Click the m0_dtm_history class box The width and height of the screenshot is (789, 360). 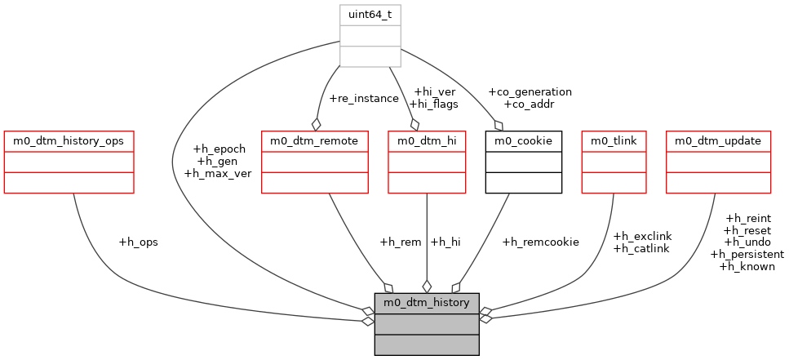click(x=426, y=323)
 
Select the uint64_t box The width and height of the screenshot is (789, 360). click(x=370, y=36)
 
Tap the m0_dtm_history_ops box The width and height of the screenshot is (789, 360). click(x=69, y=162)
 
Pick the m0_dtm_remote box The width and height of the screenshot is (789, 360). click(x=314, y=162)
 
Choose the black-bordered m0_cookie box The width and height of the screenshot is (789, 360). click(x=523, y=162)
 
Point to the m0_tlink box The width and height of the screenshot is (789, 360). click(x=614, y=162)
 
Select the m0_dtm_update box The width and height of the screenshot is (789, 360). click(x=718, y=162)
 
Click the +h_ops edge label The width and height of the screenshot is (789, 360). click(x=139, y=242)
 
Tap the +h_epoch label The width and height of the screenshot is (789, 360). click(x=220, y=149)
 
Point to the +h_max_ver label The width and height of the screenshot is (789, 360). click(x=218, y=173)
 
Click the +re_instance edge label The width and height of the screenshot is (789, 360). click(x=363, y=99)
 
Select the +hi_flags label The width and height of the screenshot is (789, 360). click(x=433, y=104)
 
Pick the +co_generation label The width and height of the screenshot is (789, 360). click(x=530, y=92)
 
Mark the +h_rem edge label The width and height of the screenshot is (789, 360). click(x=400, y=242)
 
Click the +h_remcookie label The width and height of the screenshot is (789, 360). click(x=540, y=242)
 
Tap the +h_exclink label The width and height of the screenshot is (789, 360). click(x=641, y=236)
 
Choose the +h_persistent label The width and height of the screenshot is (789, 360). click(x=747, y=254)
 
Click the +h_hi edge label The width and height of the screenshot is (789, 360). click(x=445, y=242)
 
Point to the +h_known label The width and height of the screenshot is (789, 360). click(x=747, y=266)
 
